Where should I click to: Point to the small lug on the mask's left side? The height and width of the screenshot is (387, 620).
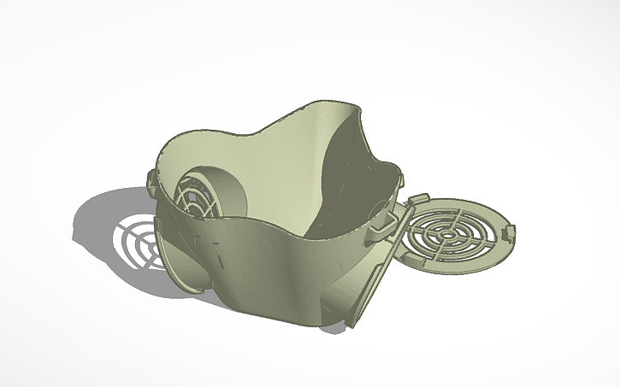(x=152, y=179)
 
